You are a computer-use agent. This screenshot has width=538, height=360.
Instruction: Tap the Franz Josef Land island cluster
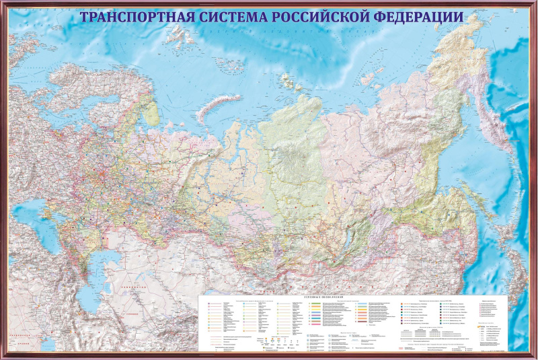tap(178, 36)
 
